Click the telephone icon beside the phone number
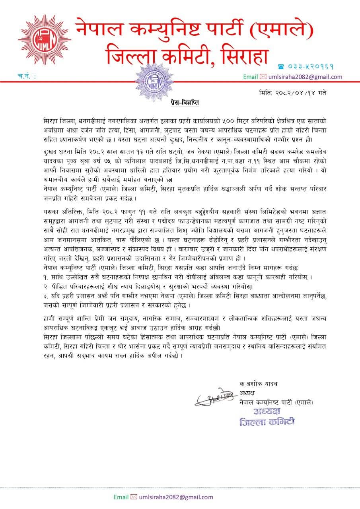coord(281,67)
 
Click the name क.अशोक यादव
coord(259,384)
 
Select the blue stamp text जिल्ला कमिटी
coord(267,422)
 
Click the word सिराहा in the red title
coord(239,55)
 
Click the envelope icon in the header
coord(263,77)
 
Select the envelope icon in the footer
coord(134,497)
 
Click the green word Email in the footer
coord(121,497)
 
